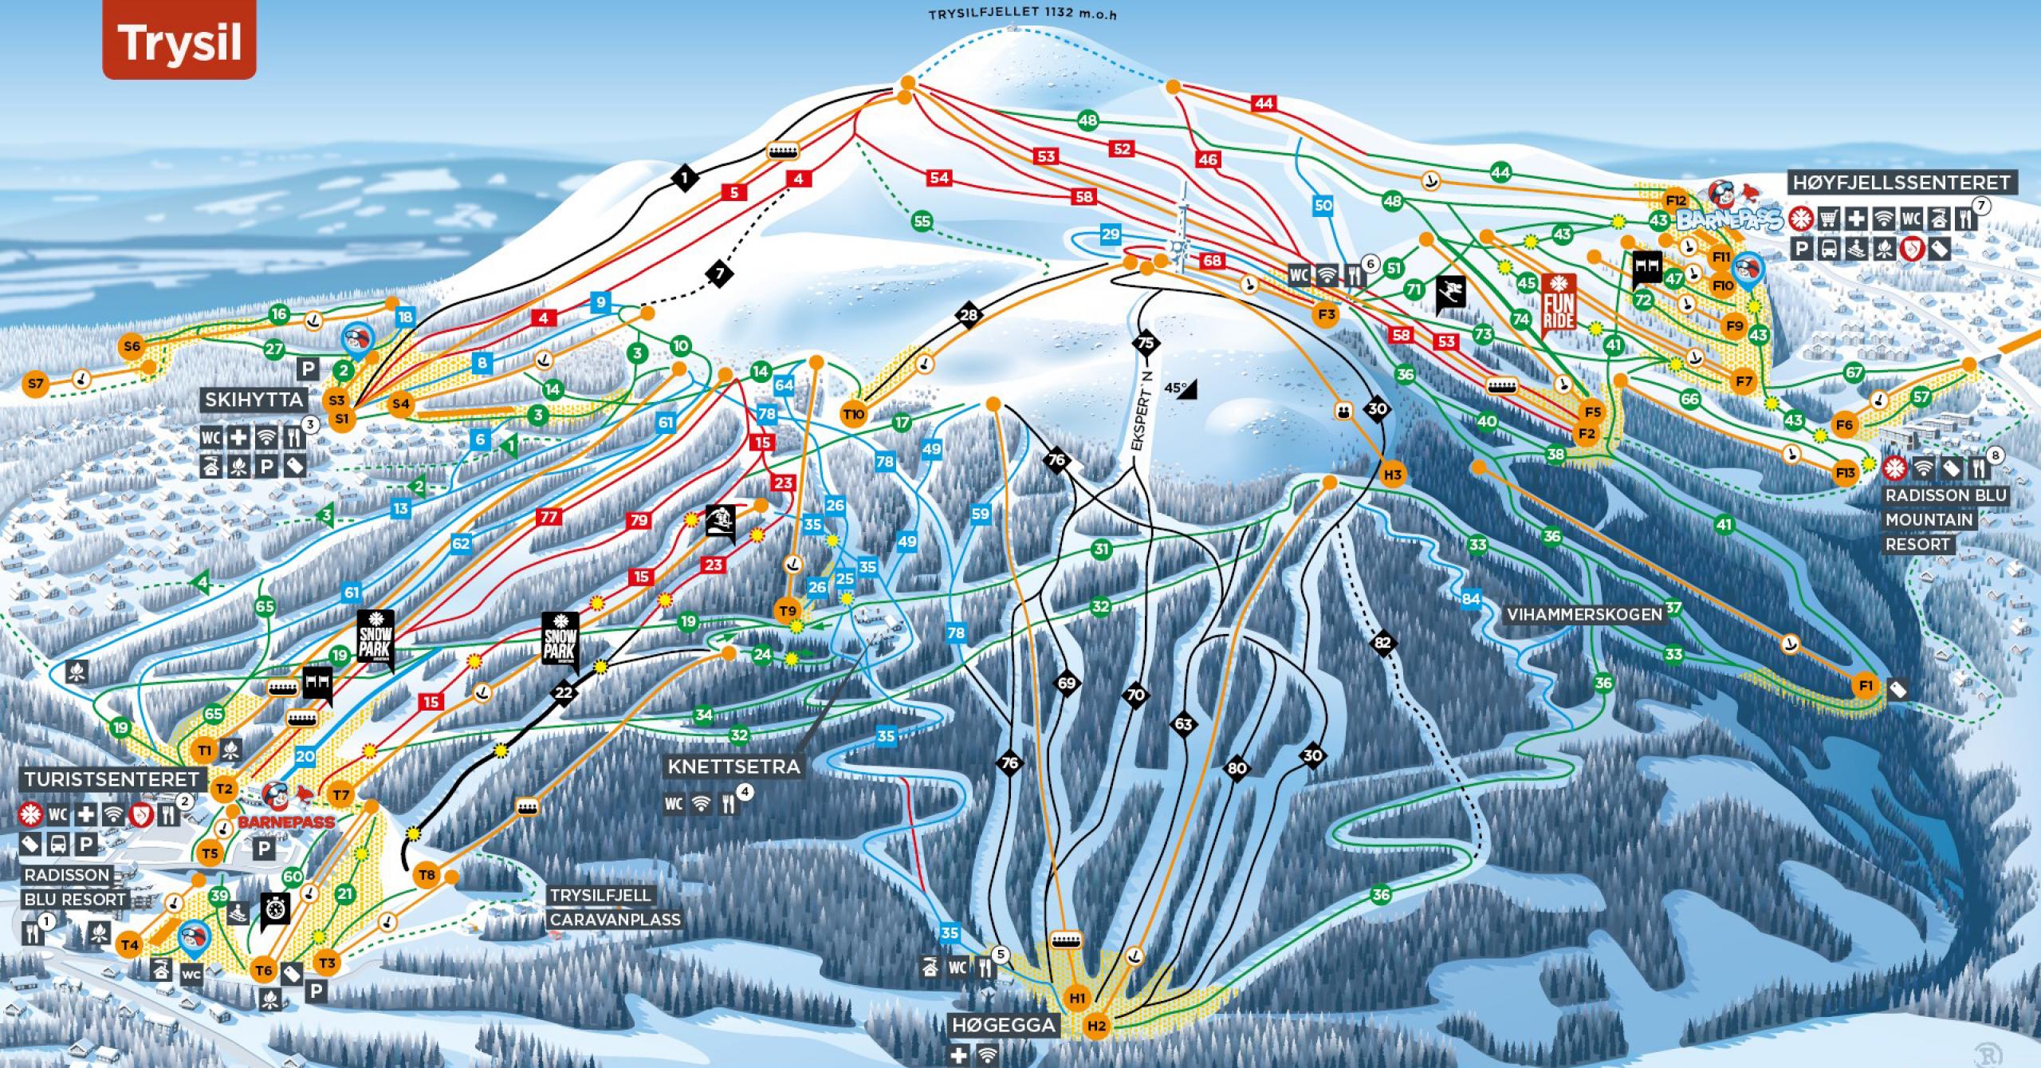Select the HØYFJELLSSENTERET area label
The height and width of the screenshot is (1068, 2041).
pyautogui.click(x=1901, y=183)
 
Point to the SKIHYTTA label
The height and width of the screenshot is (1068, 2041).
pyautogui.click(x=254, y=400)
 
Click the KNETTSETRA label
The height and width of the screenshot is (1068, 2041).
pyautogui.click(x=733, y=767)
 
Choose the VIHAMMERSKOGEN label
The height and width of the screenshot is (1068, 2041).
pyautogui.click(x=1583, y=614)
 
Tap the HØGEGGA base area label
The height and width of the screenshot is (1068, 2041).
pyautogui.click(x=1004, y=1025)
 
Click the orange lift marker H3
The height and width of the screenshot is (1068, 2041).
pyautogui.click(x=1392, y=475)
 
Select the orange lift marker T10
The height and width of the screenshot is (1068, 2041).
pyautogui.click(x=854, y=414)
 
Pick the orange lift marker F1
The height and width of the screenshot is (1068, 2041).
pyautogui.click(x=1865, y=686)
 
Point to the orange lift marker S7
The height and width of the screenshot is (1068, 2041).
pyautogui.click(x=35, y=384)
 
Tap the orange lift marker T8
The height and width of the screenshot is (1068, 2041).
pyautogui.click(x=427, y=875)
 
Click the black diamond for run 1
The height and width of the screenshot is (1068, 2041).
pyautogui.click(x=685, y=177)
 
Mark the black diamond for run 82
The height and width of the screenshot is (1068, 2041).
pyautogui.click(x=1382, y=643)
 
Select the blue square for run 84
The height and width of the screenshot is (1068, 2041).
pyautogui.click(x=1471, y=598)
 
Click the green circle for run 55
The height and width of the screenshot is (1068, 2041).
pyautogui.click(x=922, y=222)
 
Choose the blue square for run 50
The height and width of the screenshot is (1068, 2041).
pyautogui.click(x=1323, y=205)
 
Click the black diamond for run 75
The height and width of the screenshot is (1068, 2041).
pyautogui.click(x=1146, y=343)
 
